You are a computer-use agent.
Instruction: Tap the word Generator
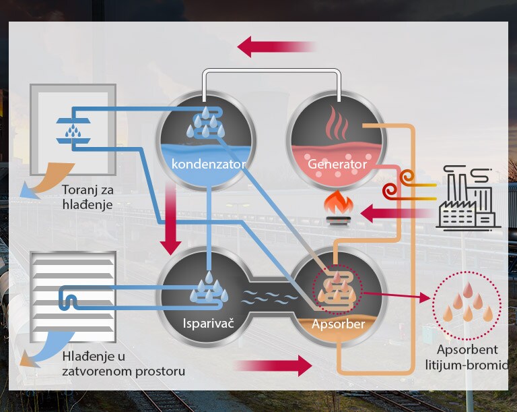tap(337, 164)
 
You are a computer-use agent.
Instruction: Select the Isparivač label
tap(208, 324)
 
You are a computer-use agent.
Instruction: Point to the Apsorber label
tap(338, 324)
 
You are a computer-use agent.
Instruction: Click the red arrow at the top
tap(276, 47)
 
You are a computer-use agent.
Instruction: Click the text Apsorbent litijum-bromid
tap(466, 357)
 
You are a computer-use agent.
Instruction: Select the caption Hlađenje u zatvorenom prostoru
tap(113, 363)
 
